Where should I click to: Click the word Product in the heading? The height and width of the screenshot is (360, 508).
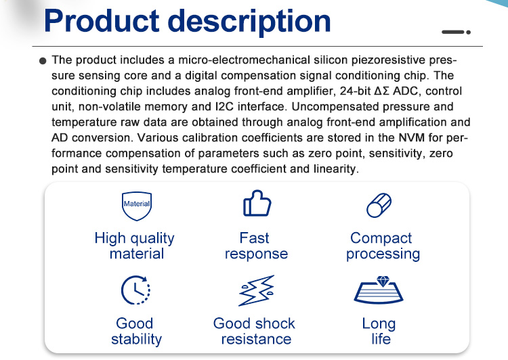point(102,21)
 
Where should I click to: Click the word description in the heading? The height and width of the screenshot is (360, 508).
point(249,22)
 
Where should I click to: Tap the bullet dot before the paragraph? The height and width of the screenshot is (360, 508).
point(43,61)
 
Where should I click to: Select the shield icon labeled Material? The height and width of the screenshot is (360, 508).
point(137,206)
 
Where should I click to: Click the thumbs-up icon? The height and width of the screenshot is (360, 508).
point(257,203)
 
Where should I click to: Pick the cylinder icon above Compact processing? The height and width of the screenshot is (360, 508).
point(379,205)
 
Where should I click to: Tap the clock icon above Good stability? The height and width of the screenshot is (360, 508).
point(135,290)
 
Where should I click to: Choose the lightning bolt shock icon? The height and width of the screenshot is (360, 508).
point(257,290)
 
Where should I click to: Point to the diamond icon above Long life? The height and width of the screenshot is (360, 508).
point(379,290)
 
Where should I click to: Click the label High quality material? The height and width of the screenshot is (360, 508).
point(135,246)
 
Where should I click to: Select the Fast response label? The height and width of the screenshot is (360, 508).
point(256,246)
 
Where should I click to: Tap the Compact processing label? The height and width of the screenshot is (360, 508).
point(383,246)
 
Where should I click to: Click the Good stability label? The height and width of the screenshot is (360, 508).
point(136,331)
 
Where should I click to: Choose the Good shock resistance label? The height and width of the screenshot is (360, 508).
point(254,331)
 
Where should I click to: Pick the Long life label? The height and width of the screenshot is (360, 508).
point(379,331)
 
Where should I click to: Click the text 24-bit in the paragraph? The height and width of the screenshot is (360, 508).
point(355,91)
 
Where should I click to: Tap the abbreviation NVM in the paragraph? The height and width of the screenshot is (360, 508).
point(411,137)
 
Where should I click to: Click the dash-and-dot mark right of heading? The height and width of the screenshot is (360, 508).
point(456,32)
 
